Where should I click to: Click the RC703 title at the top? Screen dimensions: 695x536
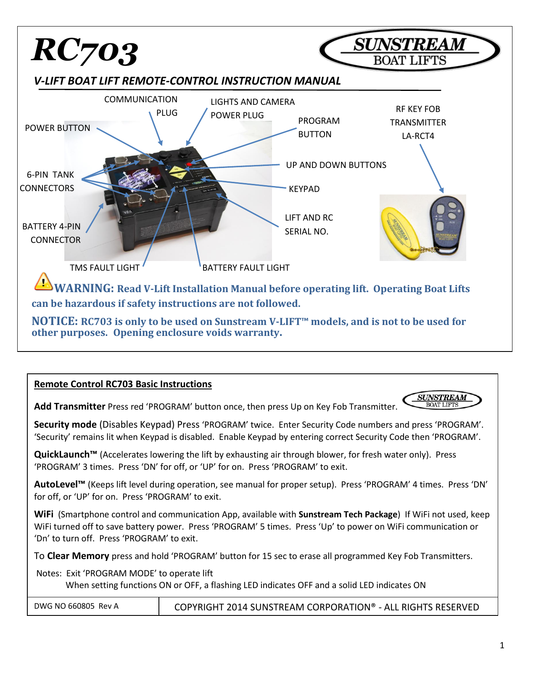85,51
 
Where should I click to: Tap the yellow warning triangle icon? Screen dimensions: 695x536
43,282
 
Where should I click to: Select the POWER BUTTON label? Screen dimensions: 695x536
58,128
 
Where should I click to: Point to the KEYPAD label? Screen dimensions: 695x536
304,189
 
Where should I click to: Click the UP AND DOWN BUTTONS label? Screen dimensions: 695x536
336,165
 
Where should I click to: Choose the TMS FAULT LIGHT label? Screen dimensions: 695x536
105,268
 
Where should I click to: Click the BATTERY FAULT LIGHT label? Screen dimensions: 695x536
246,268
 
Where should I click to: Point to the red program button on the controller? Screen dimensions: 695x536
189,164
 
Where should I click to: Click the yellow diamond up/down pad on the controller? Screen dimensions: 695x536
177,172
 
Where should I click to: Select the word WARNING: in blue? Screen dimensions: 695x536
84,288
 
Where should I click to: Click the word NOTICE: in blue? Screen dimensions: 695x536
55,322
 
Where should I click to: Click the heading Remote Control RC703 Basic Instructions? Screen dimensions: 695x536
123,384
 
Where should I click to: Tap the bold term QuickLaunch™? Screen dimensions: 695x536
66,455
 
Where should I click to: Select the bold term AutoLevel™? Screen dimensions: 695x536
60,485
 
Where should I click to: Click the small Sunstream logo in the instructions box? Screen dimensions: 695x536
442,400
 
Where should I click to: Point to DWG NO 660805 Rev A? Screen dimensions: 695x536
77,606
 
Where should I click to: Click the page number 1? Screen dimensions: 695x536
502,645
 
